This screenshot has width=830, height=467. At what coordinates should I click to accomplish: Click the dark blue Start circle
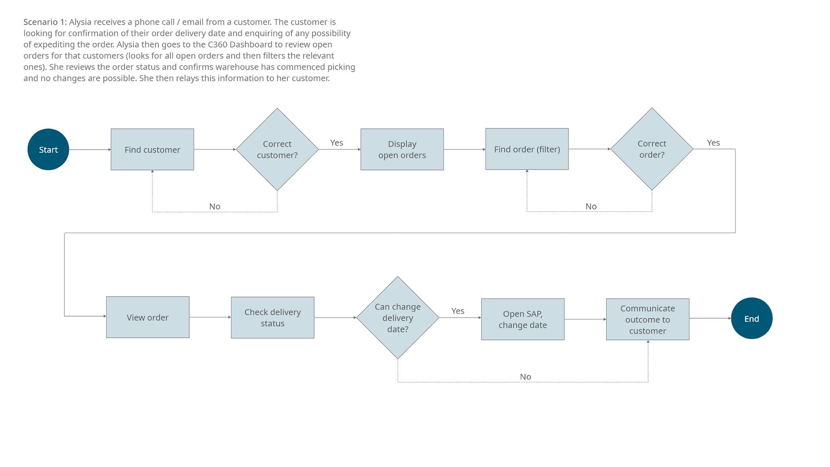click(x=48, y=150)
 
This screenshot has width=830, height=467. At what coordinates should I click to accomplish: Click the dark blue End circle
click(x=751, y=319)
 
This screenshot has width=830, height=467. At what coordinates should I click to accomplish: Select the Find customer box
click(x=152, y=150)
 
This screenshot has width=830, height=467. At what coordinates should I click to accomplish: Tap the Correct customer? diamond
click(x=277, y=150)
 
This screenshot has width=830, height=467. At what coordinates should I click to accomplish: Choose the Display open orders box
click(x=402, y=150)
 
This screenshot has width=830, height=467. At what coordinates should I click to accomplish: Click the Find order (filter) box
click(x=527, y=149)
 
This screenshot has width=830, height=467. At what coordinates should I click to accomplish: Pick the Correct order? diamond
click(x=651, y=149)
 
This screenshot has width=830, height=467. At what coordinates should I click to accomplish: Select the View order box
click(x=147, y=317)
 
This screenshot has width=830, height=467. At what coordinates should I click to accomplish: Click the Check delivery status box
click(x=272, y=318)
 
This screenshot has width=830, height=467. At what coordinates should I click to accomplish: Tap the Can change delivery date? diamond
click(x=397, y=318)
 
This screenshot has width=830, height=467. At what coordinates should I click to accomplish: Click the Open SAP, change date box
click(x=523, y=320)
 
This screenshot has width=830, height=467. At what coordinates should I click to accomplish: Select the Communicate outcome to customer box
click(x=647, y=320)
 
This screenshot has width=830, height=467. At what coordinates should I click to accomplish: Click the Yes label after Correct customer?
click(x=336, y=143)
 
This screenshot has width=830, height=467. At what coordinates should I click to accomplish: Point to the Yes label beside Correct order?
click(x=713, y=143)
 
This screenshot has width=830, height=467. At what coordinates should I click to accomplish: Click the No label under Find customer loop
click(x=214, y=206)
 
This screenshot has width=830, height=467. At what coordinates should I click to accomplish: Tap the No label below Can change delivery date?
click(x=525, y=377)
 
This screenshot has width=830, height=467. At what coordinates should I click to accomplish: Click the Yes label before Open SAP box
click(x=457, y=311)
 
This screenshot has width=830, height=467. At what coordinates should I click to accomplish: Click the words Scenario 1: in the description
click(x=45, y=22)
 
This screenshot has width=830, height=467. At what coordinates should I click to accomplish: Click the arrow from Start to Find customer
click(x=89, y=150)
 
